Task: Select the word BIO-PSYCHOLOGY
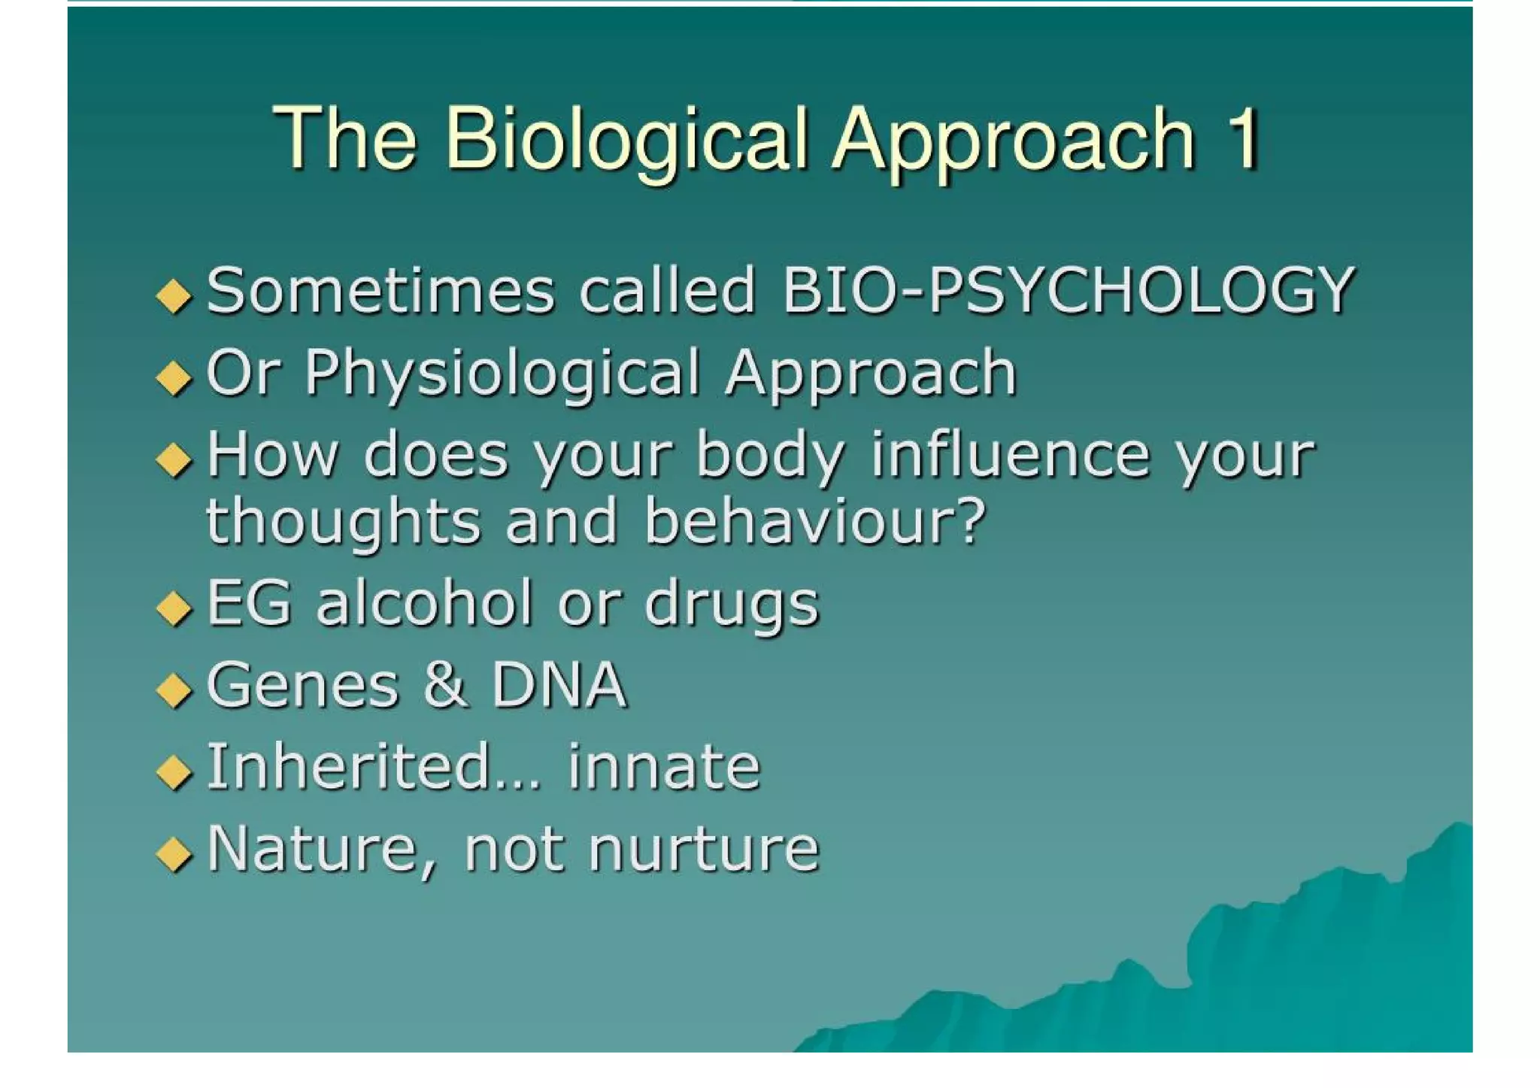[x=1068, y=291]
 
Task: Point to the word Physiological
[x=502, y=374]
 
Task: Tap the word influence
[x=1010, y=456]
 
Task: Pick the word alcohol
[x=424, y=603]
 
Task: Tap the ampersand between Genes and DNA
[x=444, y=685]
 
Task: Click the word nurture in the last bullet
[x=703, y=849]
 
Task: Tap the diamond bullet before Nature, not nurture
[x=174, y=853]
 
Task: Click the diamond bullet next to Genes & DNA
[x=174, y=689]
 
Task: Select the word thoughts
[x=343, y=523]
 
